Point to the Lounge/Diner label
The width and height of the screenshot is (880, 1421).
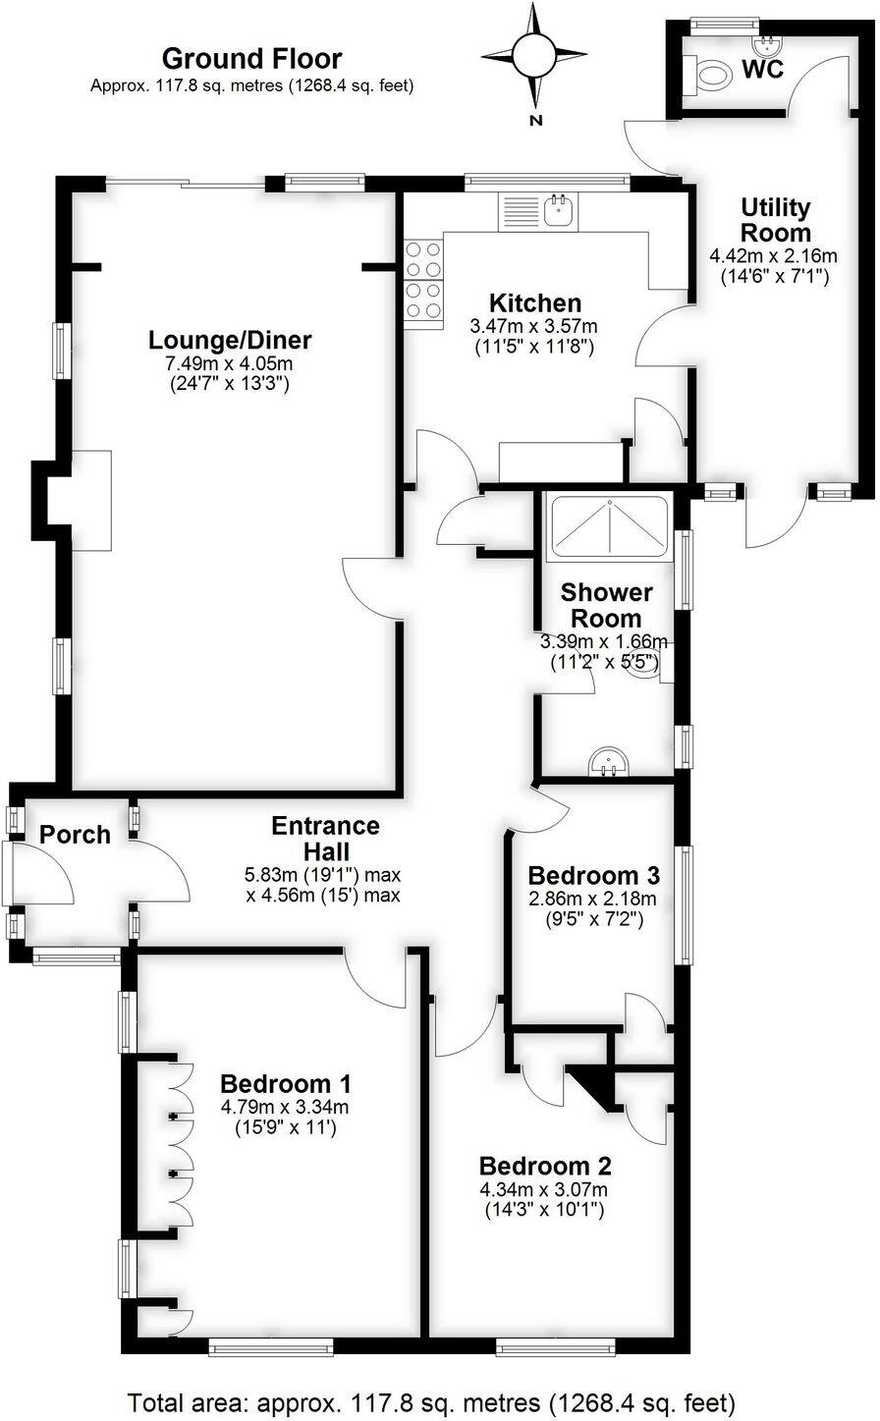(x=230, y=341)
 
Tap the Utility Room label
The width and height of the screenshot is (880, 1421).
(x=776, y=220)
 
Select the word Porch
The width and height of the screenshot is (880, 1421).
(x=75, y=835)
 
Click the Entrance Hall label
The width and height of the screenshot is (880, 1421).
(x=325, y=838)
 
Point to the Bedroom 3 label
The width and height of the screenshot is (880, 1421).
(x=591, y=875)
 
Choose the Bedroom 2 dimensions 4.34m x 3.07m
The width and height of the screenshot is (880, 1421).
(x=545, y=1190)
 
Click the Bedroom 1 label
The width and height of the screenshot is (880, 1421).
(x=285, y=1084)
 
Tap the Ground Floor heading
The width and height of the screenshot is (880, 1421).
(x=251, y=59)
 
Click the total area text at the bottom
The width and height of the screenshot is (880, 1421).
(x=431, y=1399)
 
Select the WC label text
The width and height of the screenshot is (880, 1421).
(x=764, y=70)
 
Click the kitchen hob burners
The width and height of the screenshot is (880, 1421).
(x=423, y=280)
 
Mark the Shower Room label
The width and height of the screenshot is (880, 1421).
(x=606, y=605)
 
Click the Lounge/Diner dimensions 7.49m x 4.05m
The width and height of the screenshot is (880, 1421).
(x=230, y=364)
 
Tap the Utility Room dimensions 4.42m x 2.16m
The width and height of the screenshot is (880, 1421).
(x=774, y=255)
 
